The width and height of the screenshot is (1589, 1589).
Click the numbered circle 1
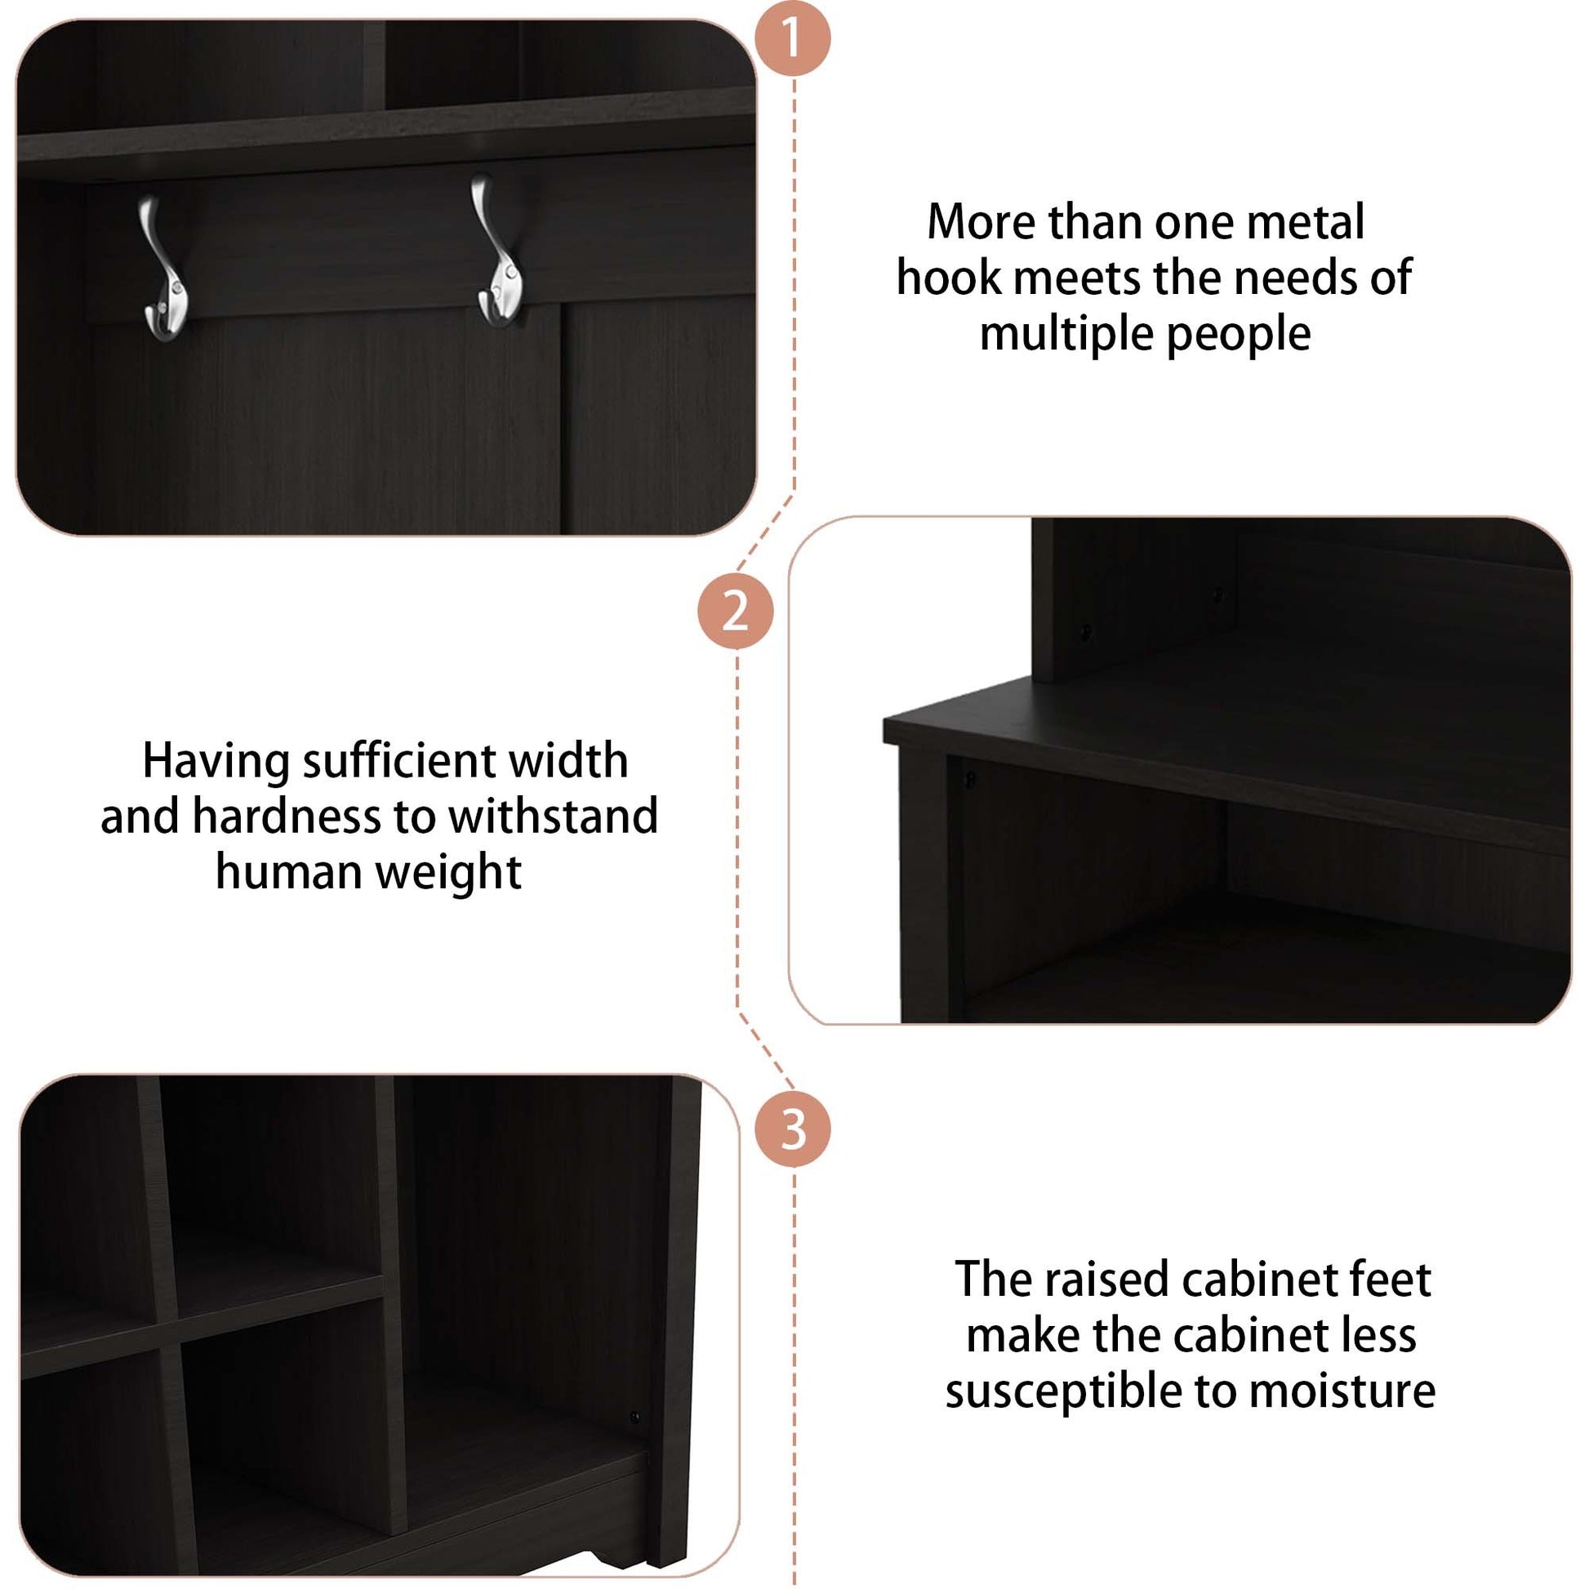[793, 38]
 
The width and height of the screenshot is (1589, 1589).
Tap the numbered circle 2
[735, 611]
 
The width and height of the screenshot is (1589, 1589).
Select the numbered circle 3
[793, 1129]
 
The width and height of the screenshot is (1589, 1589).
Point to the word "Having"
[215, 762]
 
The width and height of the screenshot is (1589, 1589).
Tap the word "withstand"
[553, 816]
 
